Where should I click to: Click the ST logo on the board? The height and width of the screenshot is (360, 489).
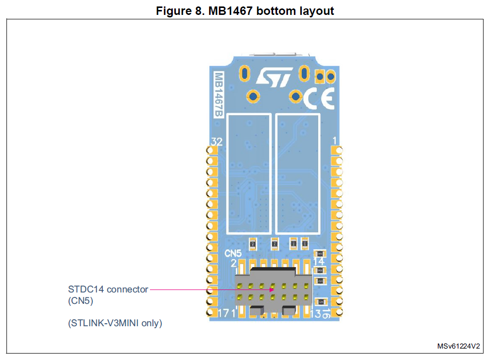pyautogui.click(x=273, y=77)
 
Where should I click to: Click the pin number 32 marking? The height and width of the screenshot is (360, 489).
pyautogui.click(x=216, y=142)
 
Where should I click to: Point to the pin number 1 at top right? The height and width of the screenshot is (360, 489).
pyautogui.click(x=335, y=141)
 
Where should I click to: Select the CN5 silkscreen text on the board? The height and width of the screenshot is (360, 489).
pyautogui.click(x=233, y=253)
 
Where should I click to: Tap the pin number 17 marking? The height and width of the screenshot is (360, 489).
pyautogui.click(x=224, y=313)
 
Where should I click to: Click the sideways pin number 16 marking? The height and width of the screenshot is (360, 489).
pyautogui.click(x=326, y=313)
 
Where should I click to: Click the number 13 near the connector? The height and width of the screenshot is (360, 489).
pyautogui.click(x=315, y=313)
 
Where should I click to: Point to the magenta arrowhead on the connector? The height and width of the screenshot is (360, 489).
pyautogui.click(x=272, y=289)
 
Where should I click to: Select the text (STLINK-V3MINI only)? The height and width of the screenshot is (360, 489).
pyautogui.click(x=115, y=323)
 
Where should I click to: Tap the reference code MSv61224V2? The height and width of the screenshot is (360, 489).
pyautogui.click(x=458, y=346)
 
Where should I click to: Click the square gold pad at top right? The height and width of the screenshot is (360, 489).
pyautogui.click(x=321, y=76)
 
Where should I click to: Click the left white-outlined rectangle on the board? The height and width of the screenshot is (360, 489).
pyautogui.click(x=249, y=174)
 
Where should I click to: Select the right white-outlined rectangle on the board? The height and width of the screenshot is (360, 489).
pyautogui.click(x=298, y=174)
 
